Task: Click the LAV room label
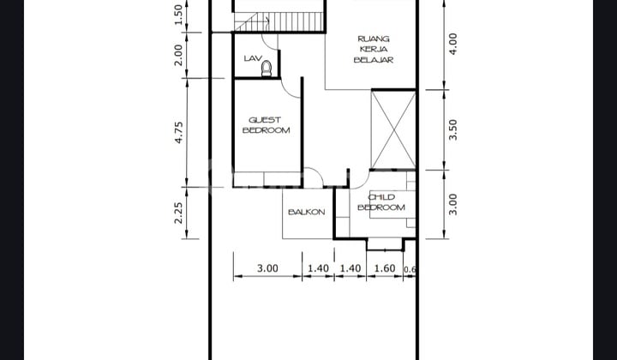coord(252,58)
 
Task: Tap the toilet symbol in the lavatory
coord(267,68)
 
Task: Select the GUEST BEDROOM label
coord(266,125)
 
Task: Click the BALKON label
coord(306,212)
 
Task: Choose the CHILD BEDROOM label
coord(380,202)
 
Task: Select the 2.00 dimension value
coord(179,55)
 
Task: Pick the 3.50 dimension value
coord(453,129)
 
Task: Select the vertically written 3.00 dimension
coord(453,204)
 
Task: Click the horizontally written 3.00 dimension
coord(267,268)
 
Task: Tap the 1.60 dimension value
coord(384,268)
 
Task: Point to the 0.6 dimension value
coord(410,269)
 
